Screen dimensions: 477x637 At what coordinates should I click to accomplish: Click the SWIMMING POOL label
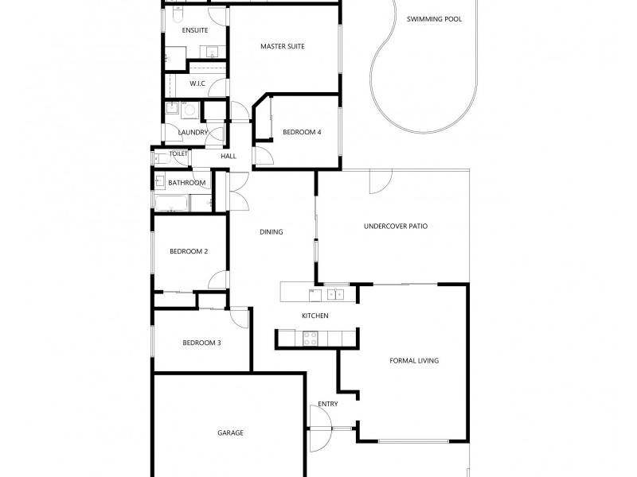coord(434,18)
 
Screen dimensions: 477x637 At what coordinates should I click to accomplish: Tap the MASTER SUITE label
coord(283,46)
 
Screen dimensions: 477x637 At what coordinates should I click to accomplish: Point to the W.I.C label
coord(197,83)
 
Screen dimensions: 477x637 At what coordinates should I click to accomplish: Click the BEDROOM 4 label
coord(302,132)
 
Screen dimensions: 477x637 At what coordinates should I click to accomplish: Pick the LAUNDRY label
coord(193,132)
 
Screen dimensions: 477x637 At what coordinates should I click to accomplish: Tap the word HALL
coord(229,157)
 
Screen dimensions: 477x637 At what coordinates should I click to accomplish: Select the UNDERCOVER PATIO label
coord(396,226)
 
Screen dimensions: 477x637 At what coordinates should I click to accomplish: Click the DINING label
coord(272,232)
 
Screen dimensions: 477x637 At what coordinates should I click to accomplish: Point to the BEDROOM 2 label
coord(189,251)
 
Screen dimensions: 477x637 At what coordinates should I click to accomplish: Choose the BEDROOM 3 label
coord(201,343)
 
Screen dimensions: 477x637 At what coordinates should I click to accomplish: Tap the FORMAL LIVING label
coord(414,360)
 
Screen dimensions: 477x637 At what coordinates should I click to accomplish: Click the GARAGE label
coord(230,432)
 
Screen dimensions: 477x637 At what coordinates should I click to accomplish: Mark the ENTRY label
coord(328,404)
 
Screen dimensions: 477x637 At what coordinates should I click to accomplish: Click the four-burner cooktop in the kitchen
coord(310,339)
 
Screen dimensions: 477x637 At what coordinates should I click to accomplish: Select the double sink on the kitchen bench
coord(336,294)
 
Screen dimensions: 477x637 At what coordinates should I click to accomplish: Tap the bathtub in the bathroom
coord(172,204)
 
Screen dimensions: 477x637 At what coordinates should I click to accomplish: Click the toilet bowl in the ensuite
coord(178,14)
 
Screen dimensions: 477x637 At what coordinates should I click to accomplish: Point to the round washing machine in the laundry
coord(192,110)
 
